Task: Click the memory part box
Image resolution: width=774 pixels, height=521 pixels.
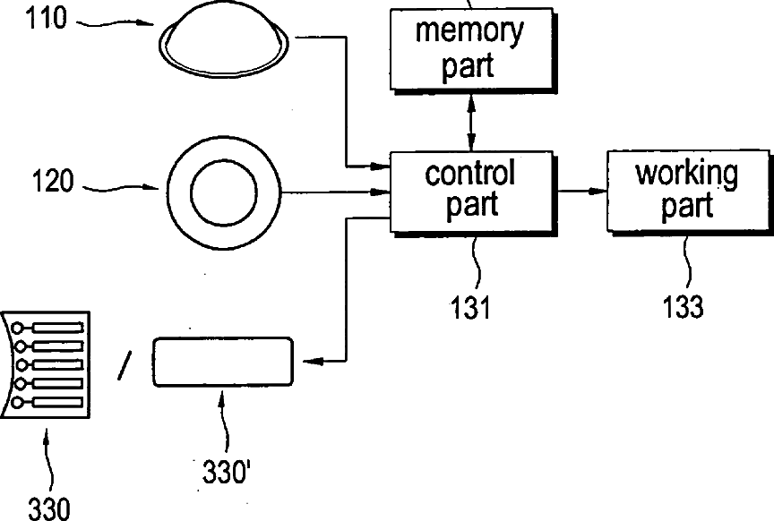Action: pos(471,48)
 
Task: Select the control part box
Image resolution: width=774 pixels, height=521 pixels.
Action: pos(471,192)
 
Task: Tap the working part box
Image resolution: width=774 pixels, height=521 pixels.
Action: pos(688,191)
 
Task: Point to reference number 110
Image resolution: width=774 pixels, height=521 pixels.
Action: pos(46,19)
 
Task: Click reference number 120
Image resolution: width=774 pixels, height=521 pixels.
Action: pos(53,181)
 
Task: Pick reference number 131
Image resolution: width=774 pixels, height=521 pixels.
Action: pos(470,308)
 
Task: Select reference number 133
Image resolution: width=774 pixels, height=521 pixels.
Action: pos(683,306)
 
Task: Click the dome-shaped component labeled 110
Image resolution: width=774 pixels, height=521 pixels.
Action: pos(224,42)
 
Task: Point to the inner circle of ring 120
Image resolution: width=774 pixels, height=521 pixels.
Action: pos(224,192)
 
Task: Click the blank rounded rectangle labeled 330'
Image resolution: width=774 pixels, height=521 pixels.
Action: pos(223,361)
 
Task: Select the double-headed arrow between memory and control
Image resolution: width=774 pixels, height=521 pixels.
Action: pos(471,122)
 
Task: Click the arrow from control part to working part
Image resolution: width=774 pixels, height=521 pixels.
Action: pos(580,191)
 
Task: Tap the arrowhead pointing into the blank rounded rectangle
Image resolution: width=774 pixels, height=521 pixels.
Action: pos(312,362)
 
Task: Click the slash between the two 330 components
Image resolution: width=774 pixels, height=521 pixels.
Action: pos(125,365)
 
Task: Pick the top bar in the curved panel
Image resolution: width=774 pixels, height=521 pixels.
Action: pos(57,329)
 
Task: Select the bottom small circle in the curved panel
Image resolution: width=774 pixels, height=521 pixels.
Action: pos(17,403)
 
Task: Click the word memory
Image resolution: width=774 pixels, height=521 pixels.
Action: pos(469,31)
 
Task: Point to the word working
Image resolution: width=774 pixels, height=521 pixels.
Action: pos(687,175)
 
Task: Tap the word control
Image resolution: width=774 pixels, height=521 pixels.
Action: pos(470,173)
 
